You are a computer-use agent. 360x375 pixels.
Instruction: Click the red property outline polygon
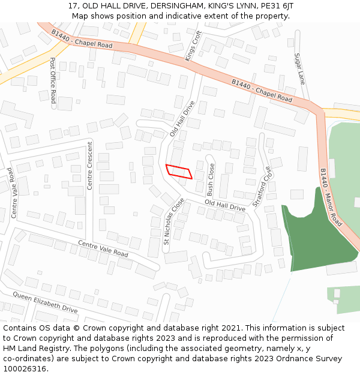[x=179, y=171]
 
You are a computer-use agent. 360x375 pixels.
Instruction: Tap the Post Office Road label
[x=53, y=80]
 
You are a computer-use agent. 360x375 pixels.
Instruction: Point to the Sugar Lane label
[x=299, y=68]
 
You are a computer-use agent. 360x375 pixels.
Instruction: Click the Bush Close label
[x=211, y=180]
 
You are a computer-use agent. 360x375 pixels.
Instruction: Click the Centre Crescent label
[x=90, y=166]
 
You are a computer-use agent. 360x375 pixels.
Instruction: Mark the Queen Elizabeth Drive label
[x=46, y=302]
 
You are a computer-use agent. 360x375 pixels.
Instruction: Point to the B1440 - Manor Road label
[x=331, y=197]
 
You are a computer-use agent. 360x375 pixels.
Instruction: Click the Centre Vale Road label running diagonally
[x=103, y=248]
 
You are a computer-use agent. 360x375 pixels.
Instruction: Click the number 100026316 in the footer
[x=25, y=368]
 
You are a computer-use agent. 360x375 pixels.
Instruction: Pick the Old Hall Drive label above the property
[x=182, y=119]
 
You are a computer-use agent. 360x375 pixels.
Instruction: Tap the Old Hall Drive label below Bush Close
[x=225, y=206]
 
